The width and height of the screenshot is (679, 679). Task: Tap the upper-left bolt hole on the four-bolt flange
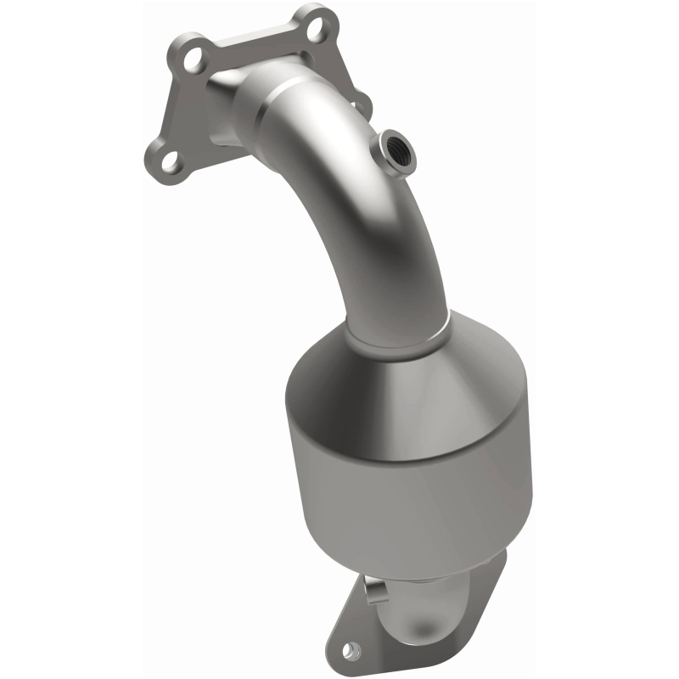(x=193, y=57)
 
